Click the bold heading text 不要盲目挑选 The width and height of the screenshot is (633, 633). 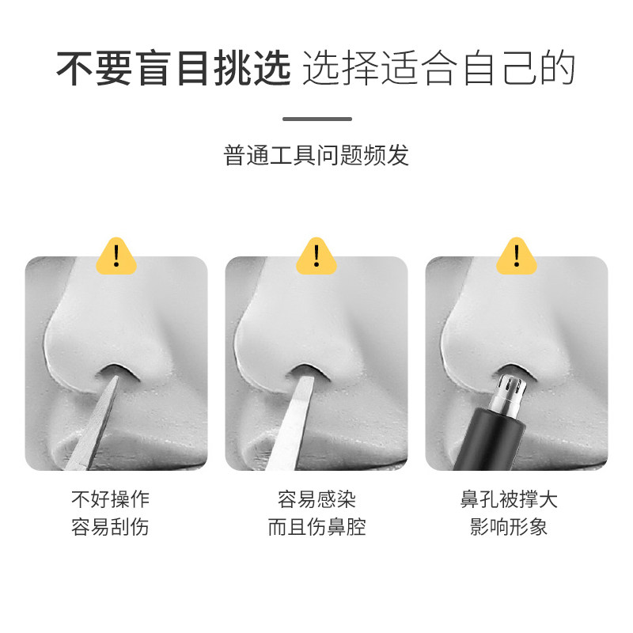pos(174,70)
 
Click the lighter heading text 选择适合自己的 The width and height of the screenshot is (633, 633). pos(438,70)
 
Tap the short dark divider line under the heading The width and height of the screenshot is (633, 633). pos(316,119)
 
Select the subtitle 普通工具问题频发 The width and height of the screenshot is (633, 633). pos(316,155)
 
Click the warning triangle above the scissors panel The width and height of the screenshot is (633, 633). pos(116,255)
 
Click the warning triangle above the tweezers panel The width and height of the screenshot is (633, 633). pos(316,255)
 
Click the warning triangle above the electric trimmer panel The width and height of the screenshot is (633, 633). pos(517,255)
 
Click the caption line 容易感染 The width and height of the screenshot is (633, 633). pos(316,500)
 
